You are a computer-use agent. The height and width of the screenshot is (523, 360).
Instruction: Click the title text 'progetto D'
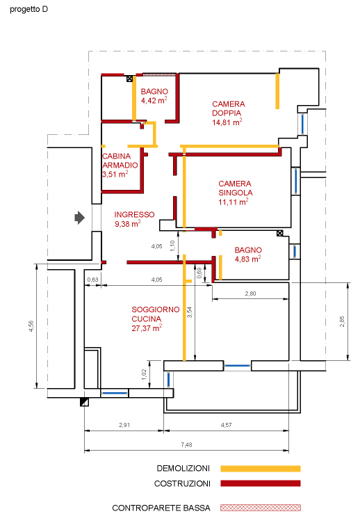coord(28,10)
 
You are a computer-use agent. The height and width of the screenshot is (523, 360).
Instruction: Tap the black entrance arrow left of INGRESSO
coord(79,218)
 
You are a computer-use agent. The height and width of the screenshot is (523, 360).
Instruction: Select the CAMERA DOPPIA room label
coord(228,108)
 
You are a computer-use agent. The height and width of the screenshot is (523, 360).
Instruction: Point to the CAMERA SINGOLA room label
coord(235,188)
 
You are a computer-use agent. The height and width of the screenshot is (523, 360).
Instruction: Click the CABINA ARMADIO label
coord(120,161)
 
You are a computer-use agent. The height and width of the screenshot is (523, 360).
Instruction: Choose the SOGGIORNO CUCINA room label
coord(156,314)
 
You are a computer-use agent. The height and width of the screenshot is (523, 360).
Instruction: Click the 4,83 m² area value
coord(247,259)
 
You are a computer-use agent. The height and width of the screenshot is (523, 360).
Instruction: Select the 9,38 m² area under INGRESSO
coord(127,224)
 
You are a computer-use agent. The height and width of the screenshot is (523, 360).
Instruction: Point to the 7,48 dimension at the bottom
coord(185,444)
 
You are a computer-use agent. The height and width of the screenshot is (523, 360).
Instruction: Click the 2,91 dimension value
coord(124,424)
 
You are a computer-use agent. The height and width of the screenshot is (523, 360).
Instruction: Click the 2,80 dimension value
coord(250,294)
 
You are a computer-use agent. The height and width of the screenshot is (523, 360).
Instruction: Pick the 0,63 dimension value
coord(92,280)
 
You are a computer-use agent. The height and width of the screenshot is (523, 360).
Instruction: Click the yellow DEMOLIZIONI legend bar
coord(260,469)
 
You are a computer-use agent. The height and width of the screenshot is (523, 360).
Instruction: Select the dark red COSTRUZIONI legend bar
coord(260,483)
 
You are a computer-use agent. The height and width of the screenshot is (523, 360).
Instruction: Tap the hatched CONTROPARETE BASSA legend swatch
coord(260,508)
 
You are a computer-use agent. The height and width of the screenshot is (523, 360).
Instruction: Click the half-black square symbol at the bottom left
coord(84,402)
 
